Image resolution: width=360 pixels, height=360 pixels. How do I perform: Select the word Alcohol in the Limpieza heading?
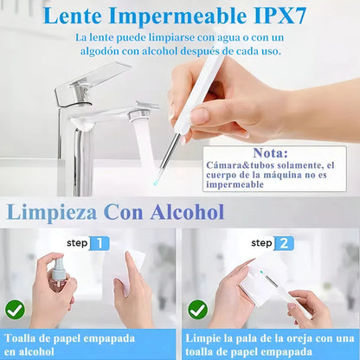[x=187, y=211]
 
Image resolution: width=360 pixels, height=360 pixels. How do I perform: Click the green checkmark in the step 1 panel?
[x=15, y=308]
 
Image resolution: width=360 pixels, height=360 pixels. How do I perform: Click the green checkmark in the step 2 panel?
[x=197, y=308]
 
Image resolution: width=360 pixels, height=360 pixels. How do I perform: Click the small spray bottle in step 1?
[x=58, y=274]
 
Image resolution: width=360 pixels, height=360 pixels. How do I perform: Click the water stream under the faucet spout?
[x=145, y=143]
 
